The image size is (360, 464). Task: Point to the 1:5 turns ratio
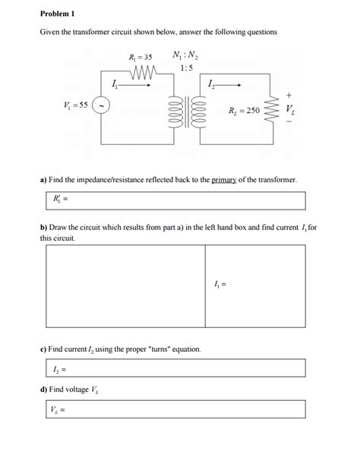pyautogui.click(x=187, y=69)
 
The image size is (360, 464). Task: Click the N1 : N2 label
pyautogui.click(x=187, y=56)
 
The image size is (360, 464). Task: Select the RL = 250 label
pyautogui.click(x=244, y=111)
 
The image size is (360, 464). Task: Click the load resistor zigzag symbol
pyautogui.click(x=270, y=112)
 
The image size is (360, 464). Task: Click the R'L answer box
pyautogui.click(x=175, y=200)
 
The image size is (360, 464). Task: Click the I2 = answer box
pyautogui.click(x=175, y=369)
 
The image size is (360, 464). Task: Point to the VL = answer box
pyautogui.click(x=175, y=409)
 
